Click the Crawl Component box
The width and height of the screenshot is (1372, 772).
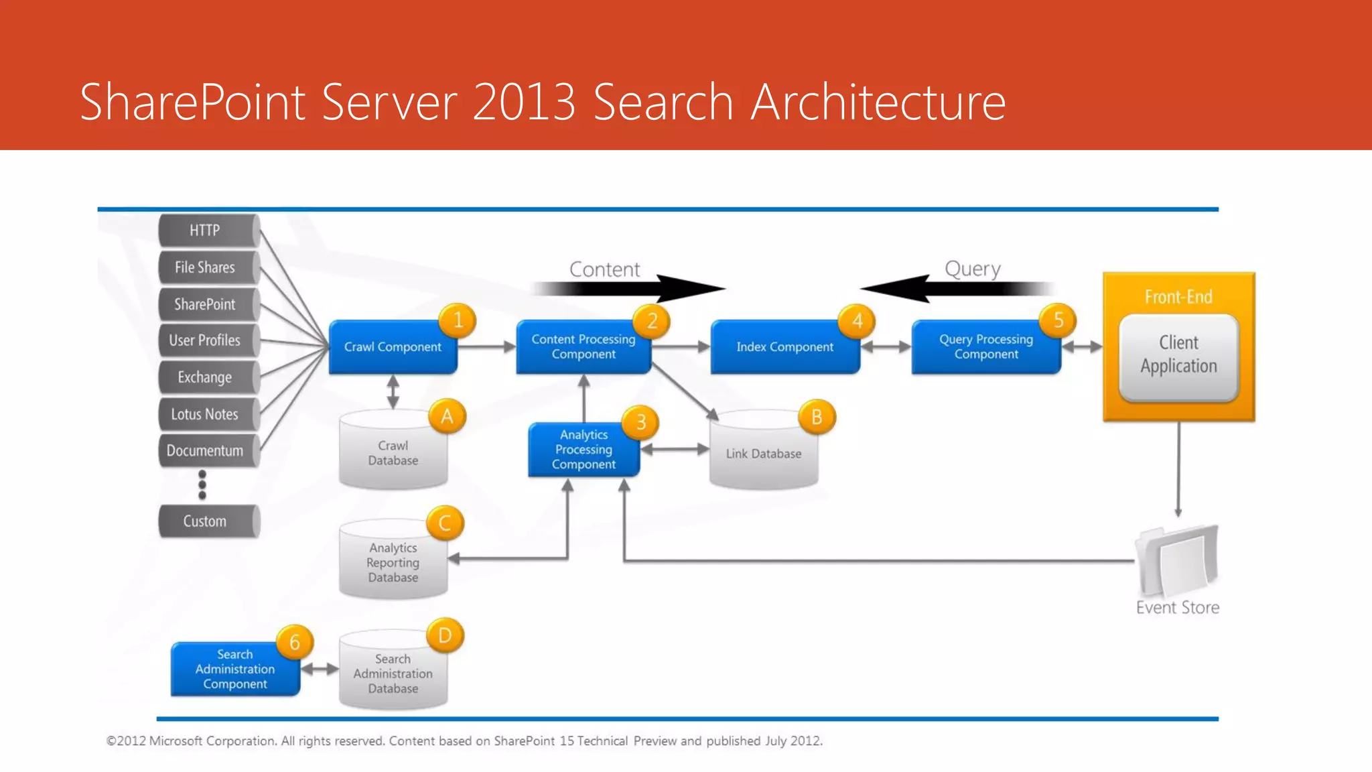pyautogui.click(x=393, y=347)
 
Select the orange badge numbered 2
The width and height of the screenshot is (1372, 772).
pyautogui.click(x=652, y=321)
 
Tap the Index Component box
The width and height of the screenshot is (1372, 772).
pyautogui.click(x=784, y=347)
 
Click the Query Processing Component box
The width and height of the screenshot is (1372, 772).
pyautogui.click(x=985, y=347)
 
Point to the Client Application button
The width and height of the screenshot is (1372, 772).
pyautogui.click(x=1178, y=355)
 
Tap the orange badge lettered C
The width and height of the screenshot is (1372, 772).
pyautogui.click(x=445, y=523)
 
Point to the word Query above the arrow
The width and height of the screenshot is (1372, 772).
pyautogui.click(x=972, y=269)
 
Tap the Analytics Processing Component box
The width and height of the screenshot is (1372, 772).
pyautogui.click(x=584, y=450)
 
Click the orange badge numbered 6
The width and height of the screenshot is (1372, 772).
pyautogui.click(x=295, y=642)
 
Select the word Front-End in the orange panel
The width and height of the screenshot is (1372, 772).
pyautogui.click(x=1178, y=297)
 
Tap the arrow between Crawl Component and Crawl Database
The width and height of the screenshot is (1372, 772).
pyautogui.click(x=393, y=392)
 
